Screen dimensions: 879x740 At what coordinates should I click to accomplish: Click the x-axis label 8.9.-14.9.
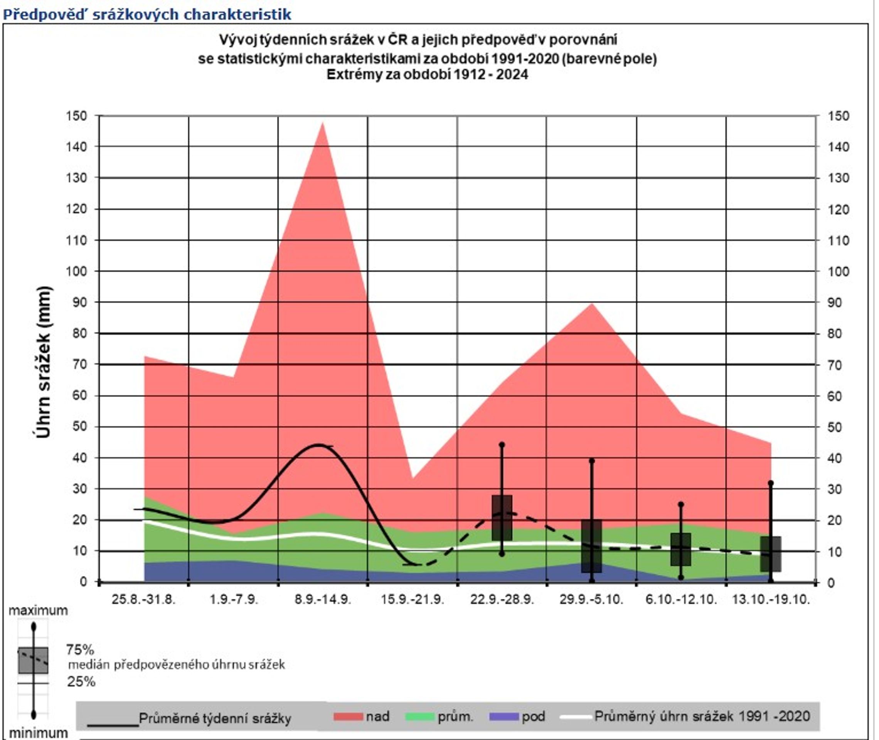[x=322, y=599]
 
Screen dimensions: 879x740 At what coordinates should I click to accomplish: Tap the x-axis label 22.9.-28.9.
[x=502, y=599]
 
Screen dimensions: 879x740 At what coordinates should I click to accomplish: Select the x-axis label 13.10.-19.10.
[x=771, y=599]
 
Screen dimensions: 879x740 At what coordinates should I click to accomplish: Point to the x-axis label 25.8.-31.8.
[x=143, y=599]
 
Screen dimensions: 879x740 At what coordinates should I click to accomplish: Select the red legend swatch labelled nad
[x=348, y=716]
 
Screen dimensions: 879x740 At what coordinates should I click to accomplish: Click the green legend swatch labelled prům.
[x=419, y=716]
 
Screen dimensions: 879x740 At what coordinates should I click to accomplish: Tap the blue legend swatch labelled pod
[x=504, y=716]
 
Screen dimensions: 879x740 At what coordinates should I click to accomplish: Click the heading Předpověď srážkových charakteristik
[x=147, y=14]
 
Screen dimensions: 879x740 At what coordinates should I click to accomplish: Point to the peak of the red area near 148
[x=322, y=123]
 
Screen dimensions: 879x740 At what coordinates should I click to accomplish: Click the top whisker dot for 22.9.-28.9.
[x=502, y=445]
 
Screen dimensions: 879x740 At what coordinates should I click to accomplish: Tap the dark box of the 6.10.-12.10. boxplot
[x=680, y=549]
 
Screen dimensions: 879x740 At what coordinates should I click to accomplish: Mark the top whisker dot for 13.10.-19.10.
[x=770, y=483]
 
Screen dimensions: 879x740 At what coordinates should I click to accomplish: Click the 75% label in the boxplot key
[x=80, y=650]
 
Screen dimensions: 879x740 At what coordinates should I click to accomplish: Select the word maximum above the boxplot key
[x=38, y=610]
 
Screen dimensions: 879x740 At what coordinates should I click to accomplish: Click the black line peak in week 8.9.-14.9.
[x=319, y=445]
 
